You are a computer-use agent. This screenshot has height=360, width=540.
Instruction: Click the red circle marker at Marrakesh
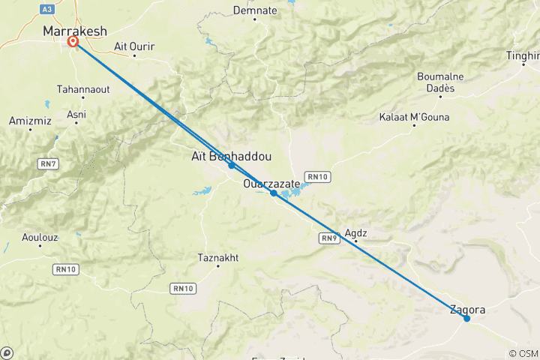coord(73,42)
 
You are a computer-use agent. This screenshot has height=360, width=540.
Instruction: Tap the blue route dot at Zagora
coord(466,319)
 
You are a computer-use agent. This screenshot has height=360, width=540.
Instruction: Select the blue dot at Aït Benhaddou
coord(231,165)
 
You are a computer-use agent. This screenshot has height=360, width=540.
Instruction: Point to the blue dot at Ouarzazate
coord(274,193)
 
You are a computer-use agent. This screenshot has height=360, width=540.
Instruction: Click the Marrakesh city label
coord(75,31)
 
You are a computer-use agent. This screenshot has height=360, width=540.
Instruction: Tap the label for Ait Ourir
coord(134,46)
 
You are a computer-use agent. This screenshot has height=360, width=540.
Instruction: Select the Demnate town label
coord(250,10)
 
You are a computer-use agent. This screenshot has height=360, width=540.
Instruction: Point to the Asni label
coord(76,115)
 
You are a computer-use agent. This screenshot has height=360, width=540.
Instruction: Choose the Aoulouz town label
coord(39,238)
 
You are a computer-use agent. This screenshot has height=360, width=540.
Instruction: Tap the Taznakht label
coord(217,257)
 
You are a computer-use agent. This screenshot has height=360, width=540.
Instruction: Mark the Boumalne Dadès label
coord(436,82)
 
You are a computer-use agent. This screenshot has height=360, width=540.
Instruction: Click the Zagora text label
coord(467,308)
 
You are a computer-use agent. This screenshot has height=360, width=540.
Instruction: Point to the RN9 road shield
coord(328,238)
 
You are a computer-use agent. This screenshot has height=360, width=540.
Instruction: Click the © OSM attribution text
coord(523,353)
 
